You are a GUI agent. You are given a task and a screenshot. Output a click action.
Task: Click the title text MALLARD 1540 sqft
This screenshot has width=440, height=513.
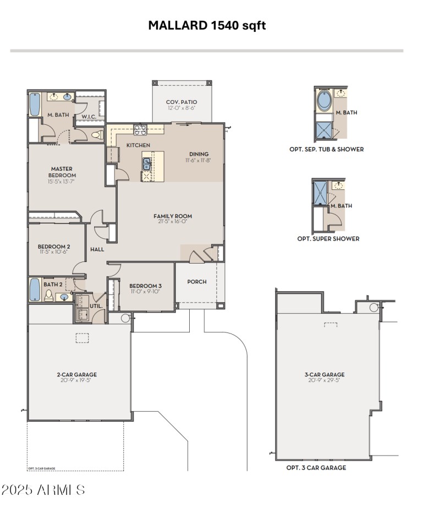pos(207,25)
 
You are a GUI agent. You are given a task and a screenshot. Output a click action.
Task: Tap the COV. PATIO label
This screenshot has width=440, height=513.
pos(182,102)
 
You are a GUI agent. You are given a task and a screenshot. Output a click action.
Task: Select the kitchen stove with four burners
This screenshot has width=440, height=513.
pos(140,130)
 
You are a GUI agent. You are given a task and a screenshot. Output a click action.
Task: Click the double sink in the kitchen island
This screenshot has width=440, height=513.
pos(147,163)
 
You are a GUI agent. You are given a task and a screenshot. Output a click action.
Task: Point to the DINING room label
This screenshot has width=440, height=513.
pos(199,154)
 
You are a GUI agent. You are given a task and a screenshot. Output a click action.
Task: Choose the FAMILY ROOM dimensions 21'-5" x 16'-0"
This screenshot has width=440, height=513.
pos(173,222)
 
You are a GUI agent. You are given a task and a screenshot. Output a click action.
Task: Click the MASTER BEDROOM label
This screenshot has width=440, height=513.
pos(62,172)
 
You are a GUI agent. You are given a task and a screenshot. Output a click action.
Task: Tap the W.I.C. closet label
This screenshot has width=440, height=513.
pos(89,117)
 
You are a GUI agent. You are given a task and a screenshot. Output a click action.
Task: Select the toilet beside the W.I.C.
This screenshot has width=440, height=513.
pos(97,134)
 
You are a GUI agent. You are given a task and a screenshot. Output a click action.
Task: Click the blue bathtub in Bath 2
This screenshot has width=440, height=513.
pos(35,289)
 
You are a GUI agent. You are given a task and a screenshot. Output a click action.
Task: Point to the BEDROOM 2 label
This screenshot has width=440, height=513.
pos(53,247)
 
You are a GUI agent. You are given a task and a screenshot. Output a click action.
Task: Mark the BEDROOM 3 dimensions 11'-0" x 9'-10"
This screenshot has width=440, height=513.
pos(145,292)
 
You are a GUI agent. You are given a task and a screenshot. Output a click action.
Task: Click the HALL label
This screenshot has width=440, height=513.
pos(97,249)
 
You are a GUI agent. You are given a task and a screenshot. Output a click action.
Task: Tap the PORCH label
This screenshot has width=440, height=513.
pos(197,282)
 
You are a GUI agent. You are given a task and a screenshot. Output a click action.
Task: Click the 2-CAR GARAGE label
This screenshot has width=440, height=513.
pos(76,374)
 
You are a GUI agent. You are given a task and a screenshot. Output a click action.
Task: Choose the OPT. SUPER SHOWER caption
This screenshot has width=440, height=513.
pos(328,239)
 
